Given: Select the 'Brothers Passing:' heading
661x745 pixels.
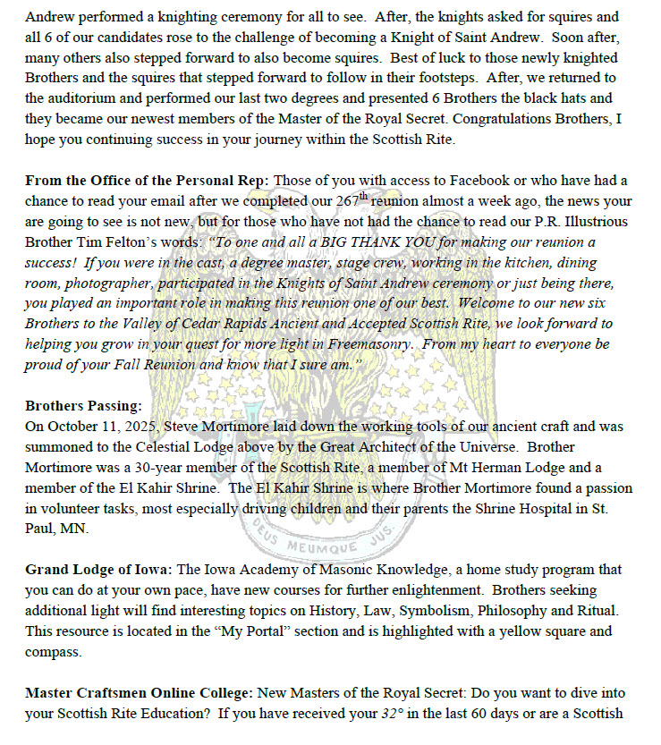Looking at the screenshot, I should (83, 405).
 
